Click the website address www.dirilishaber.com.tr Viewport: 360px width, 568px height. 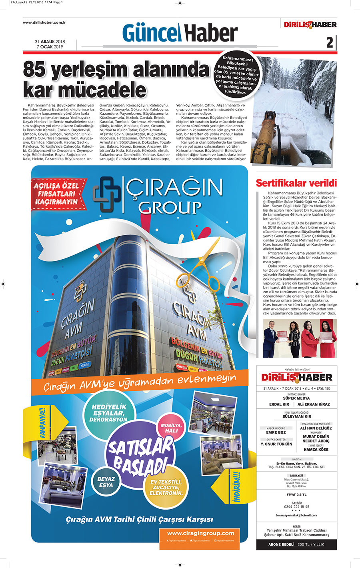point(44,23)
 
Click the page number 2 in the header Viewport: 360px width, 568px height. point(330,42)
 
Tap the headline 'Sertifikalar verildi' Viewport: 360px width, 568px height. point(296,183)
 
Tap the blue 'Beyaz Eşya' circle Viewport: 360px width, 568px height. point(106,482)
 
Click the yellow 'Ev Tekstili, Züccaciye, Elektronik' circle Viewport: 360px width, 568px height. point(166,487)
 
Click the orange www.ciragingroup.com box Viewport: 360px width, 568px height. point(200,536)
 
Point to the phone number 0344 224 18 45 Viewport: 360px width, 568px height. point(296,506)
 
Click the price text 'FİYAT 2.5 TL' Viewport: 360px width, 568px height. point(296,494)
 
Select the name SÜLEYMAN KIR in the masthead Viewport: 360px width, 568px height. point(296,416)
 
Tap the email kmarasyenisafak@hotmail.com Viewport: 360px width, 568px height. point(296,515)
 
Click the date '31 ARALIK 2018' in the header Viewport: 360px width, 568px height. point(50,42)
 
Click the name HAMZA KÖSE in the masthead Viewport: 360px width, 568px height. point(316,450)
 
